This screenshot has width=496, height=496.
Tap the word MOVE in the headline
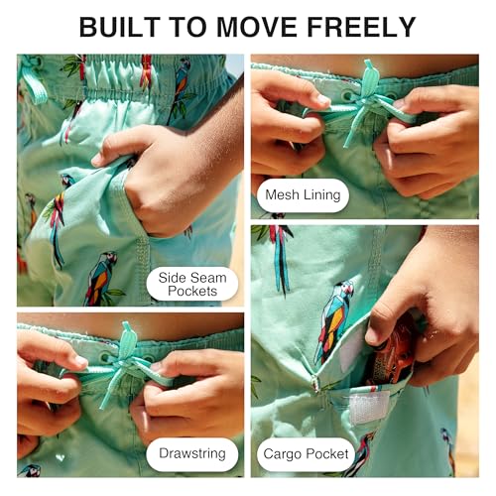pyautogui.click(x=257, y=27)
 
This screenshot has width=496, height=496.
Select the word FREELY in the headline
pyautogui.click(x=361, y=27)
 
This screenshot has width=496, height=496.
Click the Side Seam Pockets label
pyautogui.click(x=192, y=284)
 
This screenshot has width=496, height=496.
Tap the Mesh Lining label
pyautogui.click(x=303, y=194)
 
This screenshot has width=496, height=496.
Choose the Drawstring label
pyautogui.click(x=192, y=453)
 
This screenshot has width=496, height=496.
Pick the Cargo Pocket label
pyautogui.click(x=306, y=454)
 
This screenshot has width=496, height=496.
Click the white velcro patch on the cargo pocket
pyautogui.click(x=368, y=407)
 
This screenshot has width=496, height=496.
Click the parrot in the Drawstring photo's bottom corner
pyautogui.click(x=31, y=470)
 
